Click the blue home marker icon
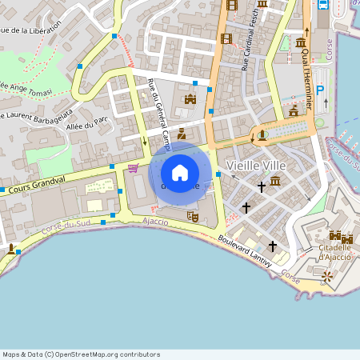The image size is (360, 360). click(x=180, y=172)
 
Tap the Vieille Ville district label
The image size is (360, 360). click(x=256, y=165)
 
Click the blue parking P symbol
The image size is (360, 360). click(x=321, y=91)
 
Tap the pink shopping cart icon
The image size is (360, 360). click(x=133, y=168)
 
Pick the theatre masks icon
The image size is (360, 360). click(x=192, y=215)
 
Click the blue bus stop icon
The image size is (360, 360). click(x=323, y=5)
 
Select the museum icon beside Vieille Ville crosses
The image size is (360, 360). click(x=275, y=182)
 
